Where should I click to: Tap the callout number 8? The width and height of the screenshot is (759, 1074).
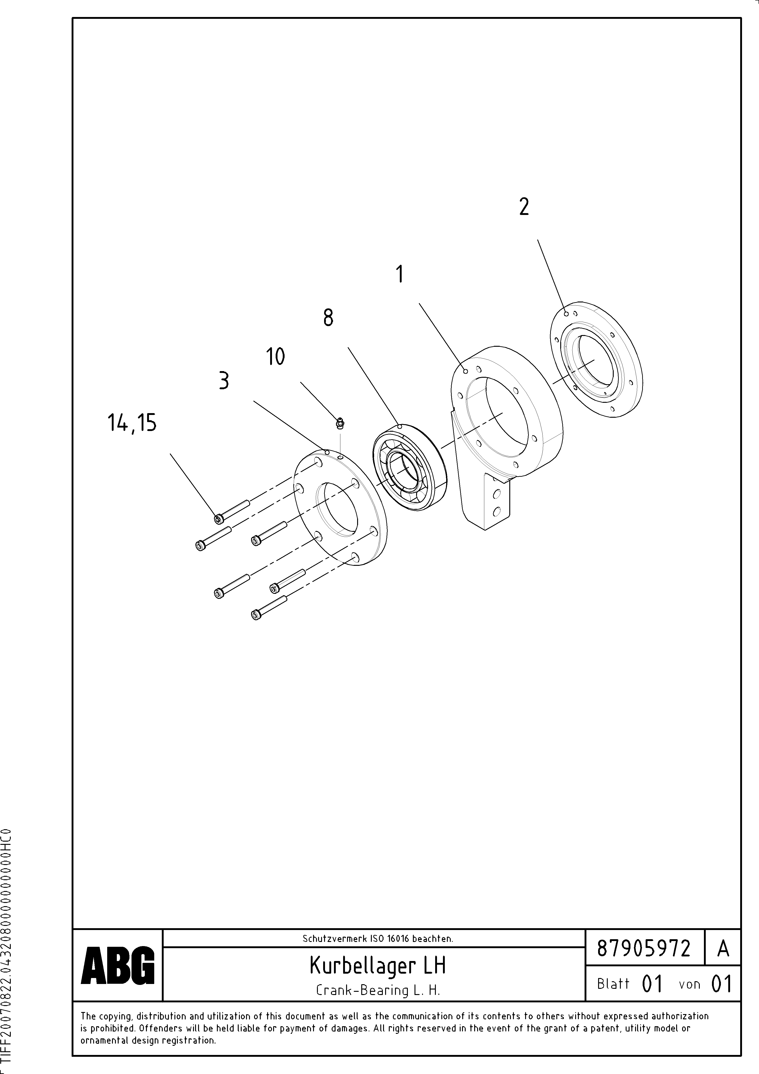(x=328, y=318)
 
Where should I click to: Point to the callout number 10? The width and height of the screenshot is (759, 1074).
(x=275, y=357)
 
